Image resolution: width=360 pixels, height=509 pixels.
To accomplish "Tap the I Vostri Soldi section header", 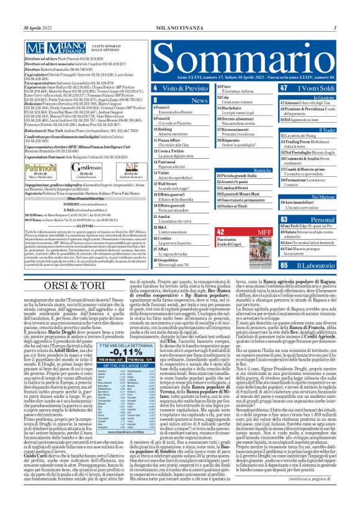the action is point(317,89).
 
